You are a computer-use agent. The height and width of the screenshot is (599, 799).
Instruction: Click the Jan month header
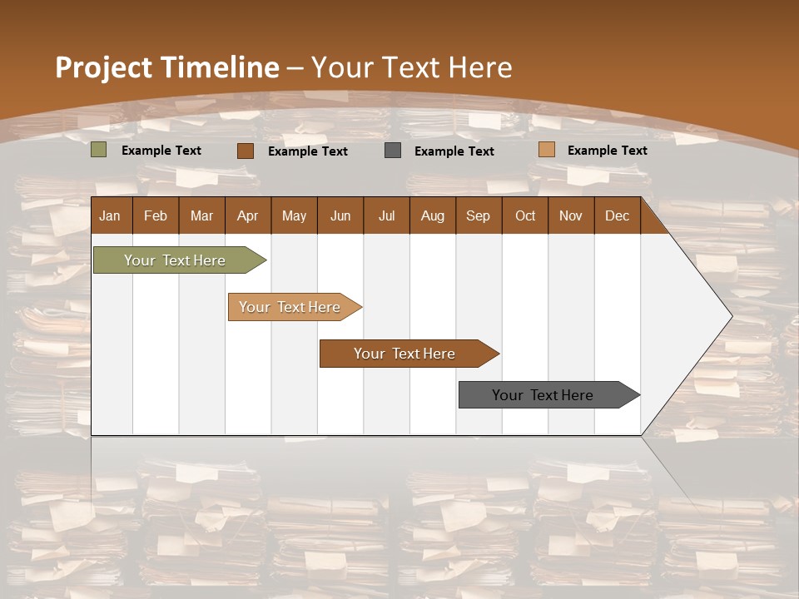click(110, 215)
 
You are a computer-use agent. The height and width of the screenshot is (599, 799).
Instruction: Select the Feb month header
click(156, 215)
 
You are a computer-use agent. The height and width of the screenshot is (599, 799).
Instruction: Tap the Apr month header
click(247, 215)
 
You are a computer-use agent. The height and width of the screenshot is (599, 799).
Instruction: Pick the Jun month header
click(340, 215)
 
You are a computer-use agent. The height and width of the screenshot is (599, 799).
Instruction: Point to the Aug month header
click(432, 215)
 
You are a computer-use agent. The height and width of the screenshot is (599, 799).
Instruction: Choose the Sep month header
click(478, 215)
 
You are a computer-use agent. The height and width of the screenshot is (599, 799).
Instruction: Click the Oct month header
click(525, 215)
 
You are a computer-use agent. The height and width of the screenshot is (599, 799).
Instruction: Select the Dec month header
click(617, 215)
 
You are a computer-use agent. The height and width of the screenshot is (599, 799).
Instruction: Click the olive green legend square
click(98, 150)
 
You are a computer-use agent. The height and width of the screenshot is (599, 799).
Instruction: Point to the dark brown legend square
click(245, 151)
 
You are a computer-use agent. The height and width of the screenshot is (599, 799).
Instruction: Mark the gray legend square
click(393, 151)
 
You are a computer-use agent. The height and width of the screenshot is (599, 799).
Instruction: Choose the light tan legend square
click(546, 150)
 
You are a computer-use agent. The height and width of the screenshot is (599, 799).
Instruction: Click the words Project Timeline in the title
click(166, 67)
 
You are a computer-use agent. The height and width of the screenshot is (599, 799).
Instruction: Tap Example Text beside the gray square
click(454, 151)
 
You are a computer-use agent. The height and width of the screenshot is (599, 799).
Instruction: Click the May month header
click(294, 215)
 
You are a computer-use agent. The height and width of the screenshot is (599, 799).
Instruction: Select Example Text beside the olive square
click(161, 151)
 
